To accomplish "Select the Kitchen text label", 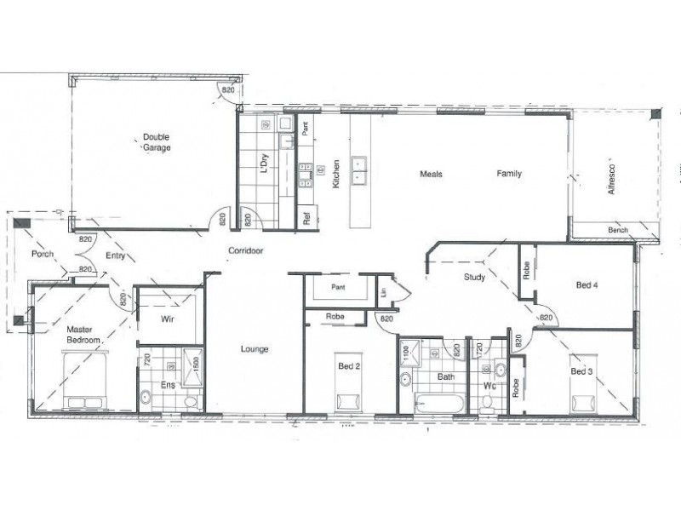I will tap(336, 174).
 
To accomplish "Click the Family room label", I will tap(509, 174).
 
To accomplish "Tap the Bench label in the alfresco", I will tap(618, 231).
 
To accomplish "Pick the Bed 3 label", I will tap(581, 371).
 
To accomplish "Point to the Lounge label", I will tap(255, 349).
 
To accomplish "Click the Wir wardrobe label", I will tap(168, 320).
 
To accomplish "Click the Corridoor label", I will tap(244, 250).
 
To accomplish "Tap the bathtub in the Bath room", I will tap(438, 402).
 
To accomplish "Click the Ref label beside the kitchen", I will tap(305, 218).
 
